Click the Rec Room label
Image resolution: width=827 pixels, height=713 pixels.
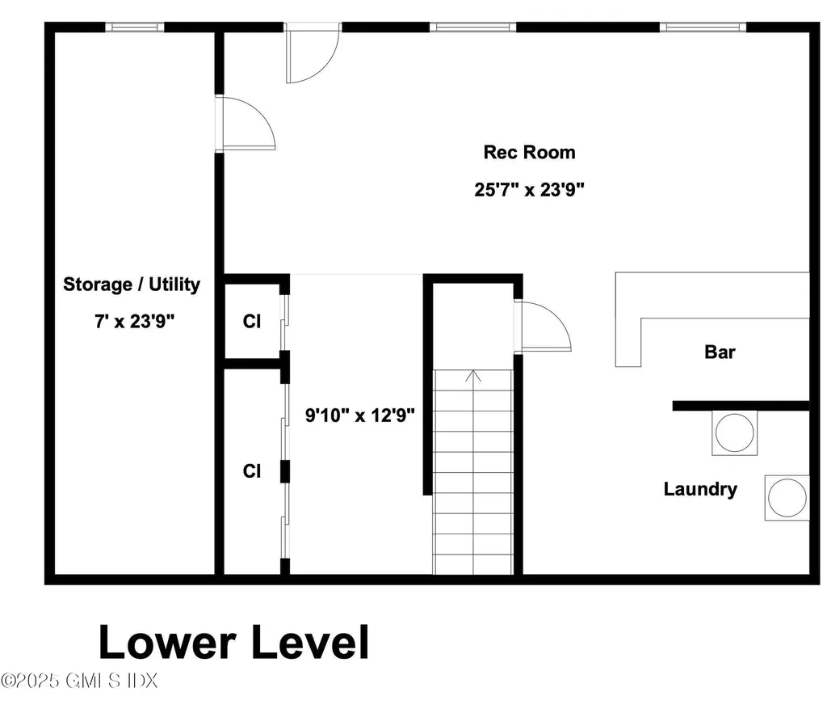(529, 152)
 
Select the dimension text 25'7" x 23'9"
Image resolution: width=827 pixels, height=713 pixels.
(529, 190)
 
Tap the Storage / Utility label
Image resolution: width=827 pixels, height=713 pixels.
(132, 285)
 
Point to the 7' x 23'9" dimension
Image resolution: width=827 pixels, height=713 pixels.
(132, 321)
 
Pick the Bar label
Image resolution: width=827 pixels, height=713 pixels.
(720, 352)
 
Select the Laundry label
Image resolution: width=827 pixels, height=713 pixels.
(700, 489)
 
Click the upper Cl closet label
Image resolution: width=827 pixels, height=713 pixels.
(252, 322)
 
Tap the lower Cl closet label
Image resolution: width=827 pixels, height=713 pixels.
(252, 470)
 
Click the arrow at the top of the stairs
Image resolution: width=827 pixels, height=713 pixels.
(473, 376)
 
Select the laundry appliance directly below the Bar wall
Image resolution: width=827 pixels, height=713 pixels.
(734, 433)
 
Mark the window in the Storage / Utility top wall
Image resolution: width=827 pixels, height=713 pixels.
(134, 27)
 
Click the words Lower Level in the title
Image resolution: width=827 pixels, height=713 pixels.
(233, 643)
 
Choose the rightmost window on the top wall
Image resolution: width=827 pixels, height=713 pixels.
(701, 27)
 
